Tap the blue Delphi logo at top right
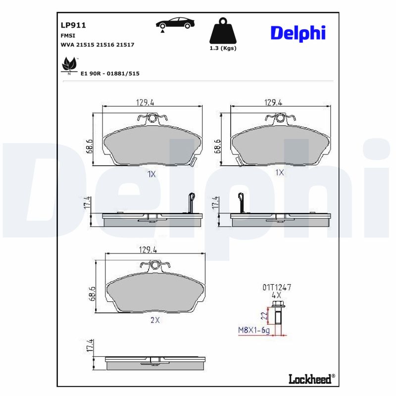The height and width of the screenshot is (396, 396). [297, 33]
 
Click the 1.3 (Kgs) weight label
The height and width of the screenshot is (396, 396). [222, 48]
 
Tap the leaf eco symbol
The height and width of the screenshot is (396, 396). [68, 65]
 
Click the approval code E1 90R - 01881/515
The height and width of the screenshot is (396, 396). [109, 73]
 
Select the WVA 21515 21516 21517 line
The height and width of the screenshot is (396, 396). [97, 45]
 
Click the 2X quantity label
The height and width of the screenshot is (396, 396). [155, 320]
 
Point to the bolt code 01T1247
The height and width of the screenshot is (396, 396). [276, 287]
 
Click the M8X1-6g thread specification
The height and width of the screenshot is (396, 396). [253, 330]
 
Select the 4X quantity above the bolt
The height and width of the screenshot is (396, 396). [276, 294]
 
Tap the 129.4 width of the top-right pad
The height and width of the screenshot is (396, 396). [273, 102]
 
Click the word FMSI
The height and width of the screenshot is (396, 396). [68, 35]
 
